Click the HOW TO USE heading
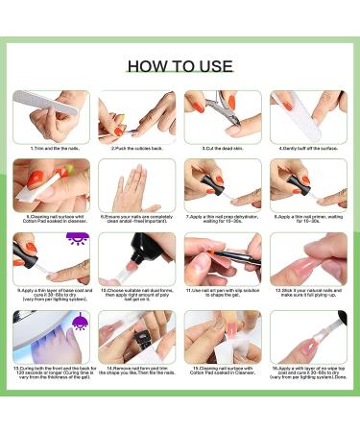pos(180,66)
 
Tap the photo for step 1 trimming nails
pos(51,116)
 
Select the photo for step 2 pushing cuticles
pos(136,116)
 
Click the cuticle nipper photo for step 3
pos(222,116)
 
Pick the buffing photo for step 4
pos(308,116)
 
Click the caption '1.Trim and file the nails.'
pos(51,149)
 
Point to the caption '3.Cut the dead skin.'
pos(222,149)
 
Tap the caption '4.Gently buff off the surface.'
pos(308,149)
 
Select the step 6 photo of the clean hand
pos(136,184)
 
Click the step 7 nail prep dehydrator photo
pos(222,184)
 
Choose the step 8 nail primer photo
pos(308,184)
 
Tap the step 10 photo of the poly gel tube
pos(136,258)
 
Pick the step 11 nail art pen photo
pos(222,258)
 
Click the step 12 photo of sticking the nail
pos(308,258)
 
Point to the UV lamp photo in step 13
pos(51,335)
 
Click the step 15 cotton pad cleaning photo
pos(222,335)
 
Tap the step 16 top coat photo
pos(308,335)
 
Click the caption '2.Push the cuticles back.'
pos(136,149)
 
